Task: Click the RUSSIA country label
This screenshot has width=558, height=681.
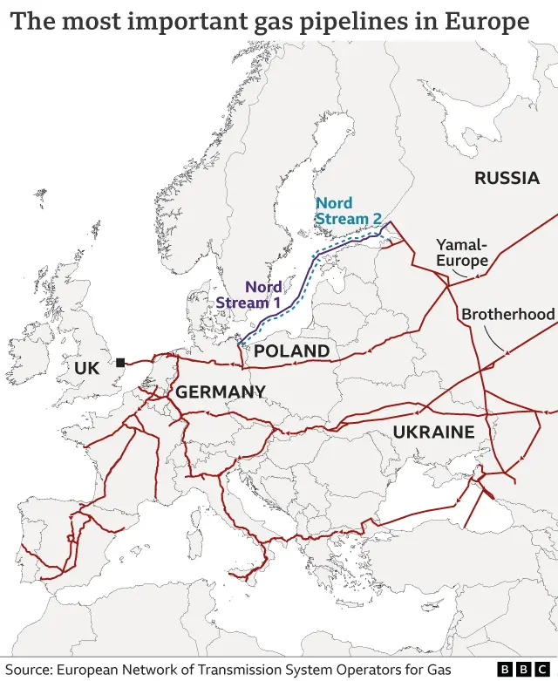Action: [507, 179]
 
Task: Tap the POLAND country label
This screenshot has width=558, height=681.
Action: [291, 351]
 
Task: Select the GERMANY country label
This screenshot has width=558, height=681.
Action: [221, 392]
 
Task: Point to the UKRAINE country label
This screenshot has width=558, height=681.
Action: [433, 432]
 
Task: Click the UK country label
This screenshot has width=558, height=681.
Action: [87, 369]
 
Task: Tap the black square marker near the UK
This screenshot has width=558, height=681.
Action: [120, 362]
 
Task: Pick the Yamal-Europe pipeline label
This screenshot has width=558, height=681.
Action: [462, 253]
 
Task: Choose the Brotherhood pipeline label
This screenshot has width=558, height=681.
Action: [508, 314]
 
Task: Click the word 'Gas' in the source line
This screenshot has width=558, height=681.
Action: [438, 669]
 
